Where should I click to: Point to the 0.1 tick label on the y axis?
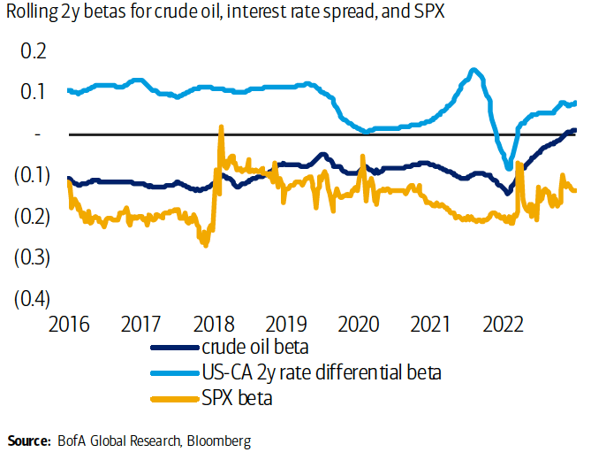pyautogui.click(x=33, y=92)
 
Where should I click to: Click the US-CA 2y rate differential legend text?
pyautogui.click(x=322, y=372)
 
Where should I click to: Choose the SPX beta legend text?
pyautogui.click(x=238, y=398)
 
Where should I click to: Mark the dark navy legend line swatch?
pyautogui.click(x=175, y=348)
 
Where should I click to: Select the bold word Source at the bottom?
pyautogui.click(x=29, y=440)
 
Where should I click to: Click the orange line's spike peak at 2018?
pyautogui.click(x=221, y=127)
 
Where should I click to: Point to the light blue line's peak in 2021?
pyautogui.click(x=474, y=70)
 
